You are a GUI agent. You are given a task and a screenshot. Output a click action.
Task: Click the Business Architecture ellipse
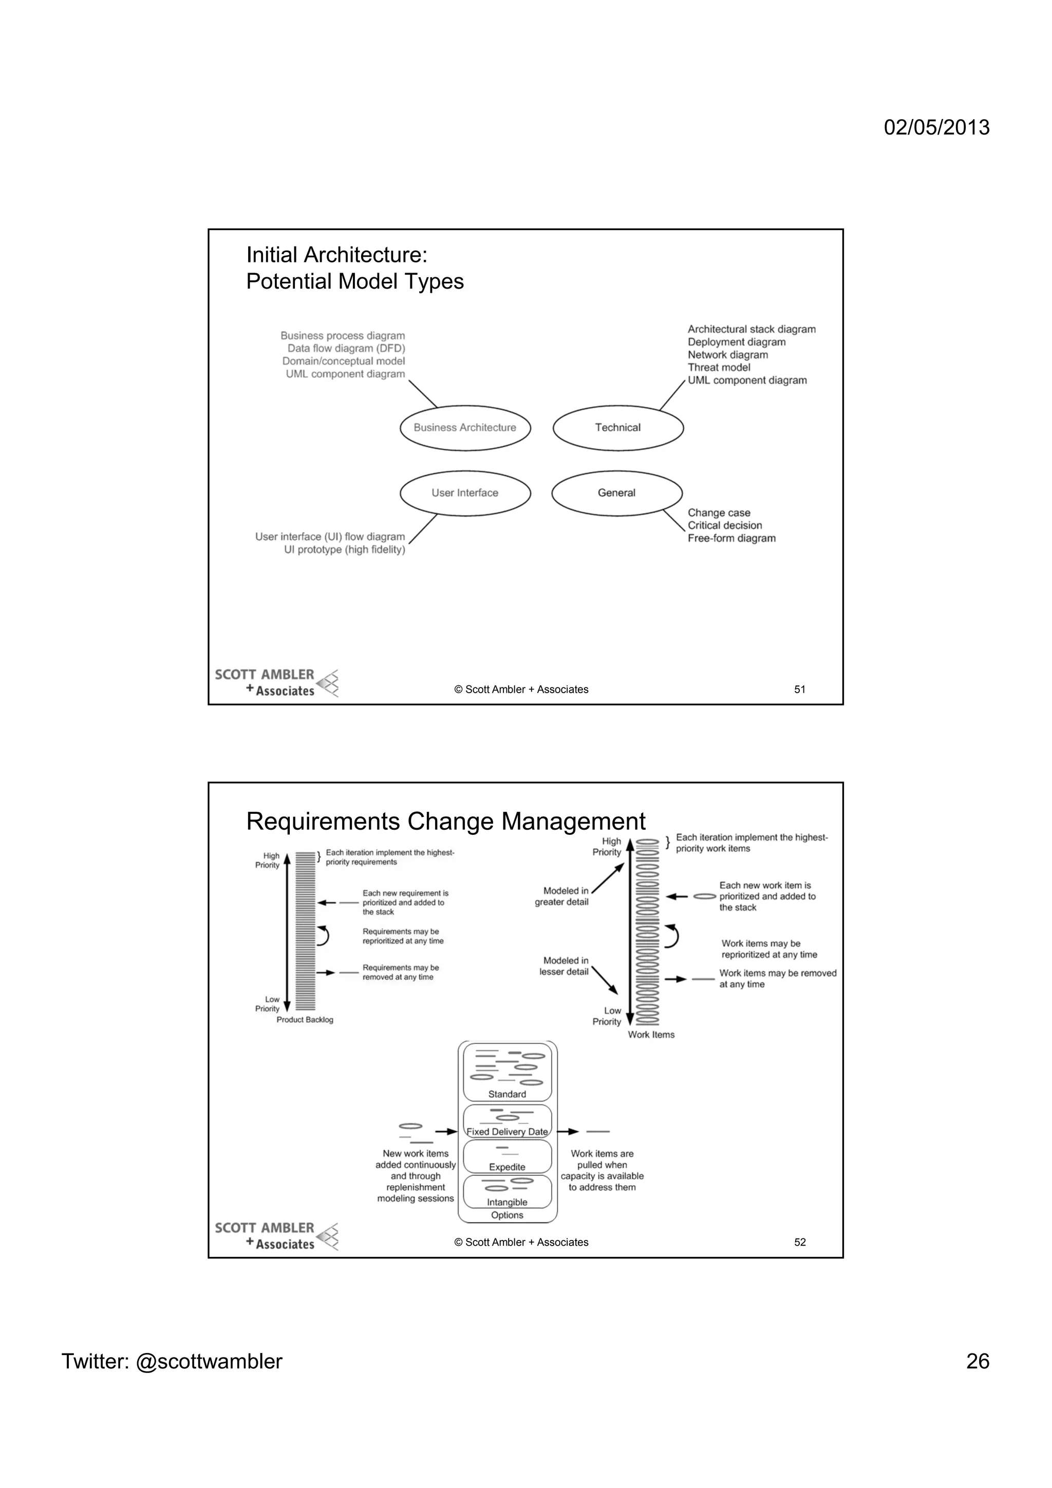465,428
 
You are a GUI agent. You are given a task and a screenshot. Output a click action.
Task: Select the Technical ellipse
618,428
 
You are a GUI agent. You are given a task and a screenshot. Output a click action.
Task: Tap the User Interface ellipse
465,493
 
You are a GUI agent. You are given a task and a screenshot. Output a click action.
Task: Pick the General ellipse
616,493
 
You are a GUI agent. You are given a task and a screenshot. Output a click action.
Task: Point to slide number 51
799,690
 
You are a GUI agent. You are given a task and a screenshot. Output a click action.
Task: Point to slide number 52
799,1243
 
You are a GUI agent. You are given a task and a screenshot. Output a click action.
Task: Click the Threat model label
718,368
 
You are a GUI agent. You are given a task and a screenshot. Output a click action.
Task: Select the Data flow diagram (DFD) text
346,349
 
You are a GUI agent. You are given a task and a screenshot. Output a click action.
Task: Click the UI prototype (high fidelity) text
344,549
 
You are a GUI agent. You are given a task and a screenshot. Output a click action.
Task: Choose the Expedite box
507,1157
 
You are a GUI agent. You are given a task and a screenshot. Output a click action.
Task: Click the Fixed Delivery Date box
507,1122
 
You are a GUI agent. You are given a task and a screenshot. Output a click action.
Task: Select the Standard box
507,1073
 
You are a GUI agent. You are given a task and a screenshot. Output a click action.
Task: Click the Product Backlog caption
305,1020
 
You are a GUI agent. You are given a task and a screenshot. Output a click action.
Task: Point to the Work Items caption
651,1035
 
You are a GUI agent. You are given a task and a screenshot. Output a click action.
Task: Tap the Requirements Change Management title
445,822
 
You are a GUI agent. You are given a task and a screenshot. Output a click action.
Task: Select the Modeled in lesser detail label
563,966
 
